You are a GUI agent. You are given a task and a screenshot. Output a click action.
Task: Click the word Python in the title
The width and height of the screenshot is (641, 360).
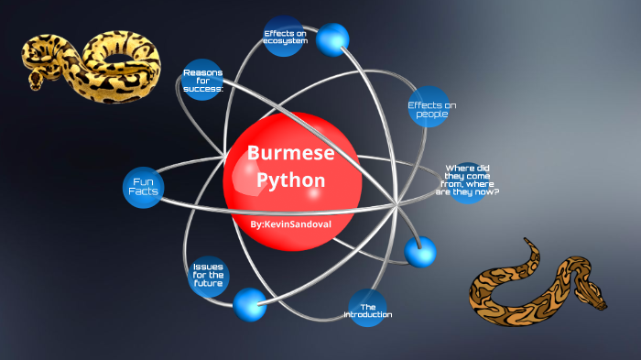point(291,180)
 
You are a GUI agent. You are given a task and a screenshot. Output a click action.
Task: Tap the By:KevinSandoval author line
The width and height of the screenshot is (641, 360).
point(291,224)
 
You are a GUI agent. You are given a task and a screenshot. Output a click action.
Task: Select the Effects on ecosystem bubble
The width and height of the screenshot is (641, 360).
point(284,37)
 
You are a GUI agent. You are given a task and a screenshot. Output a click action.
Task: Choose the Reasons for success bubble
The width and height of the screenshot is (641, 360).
point(203,81)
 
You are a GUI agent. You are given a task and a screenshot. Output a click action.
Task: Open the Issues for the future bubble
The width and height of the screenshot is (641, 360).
point(208,275)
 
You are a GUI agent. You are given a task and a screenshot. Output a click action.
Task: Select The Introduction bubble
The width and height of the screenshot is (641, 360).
point(368,310)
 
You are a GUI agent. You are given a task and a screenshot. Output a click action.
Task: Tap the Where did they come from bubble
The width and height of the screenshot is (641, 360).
point(470,180)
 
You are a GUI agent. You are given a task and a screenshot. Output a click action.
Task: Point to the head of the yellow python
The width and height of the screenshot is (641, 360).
point(37,80)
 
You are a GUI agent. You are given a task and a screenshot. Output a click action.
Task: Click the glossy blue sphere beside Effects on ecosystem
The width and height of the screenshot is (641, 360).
point(332,38)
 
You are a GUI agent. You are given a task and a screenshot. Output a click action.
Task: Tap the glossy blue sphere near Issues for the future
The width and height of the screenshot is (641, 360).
point(249,303)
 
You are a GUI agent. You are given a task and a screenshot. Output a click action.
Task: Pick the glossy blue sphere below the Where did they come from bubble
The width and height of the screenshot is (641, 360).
point(420,251)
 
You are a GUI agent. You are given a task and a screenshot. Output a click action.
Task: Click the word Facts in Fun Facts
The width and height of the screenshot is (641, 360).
point(143,192)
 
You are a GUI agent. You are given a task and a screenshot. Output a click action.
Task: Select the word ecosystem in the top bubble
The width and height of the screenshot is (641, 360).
point(284,40)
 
